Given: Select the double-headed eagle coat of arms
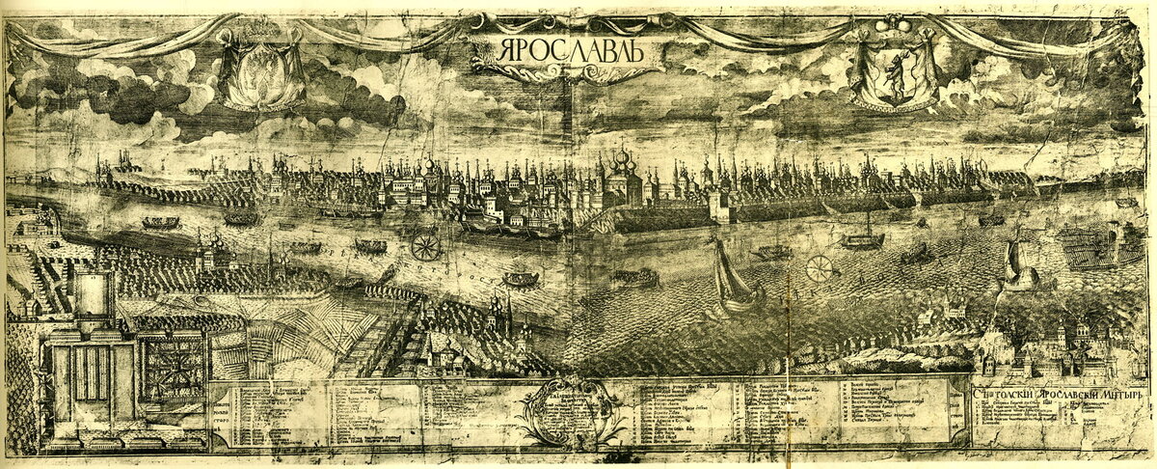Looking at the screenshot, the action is pos(256,72).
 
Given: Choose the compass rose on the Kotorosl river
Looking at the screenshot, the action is pos(425,247).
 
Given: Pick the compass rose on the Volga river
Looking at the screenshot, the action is pos(820,268).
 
